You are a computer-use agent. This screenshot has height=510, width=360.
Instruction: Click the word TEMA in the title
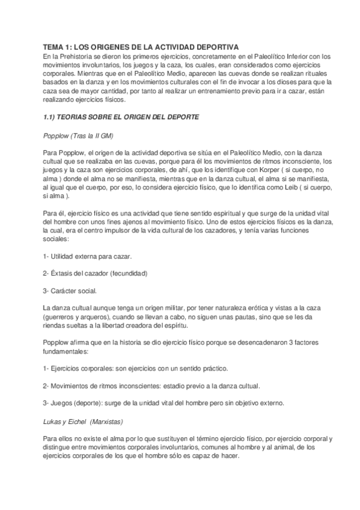(x=53, y=48)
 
